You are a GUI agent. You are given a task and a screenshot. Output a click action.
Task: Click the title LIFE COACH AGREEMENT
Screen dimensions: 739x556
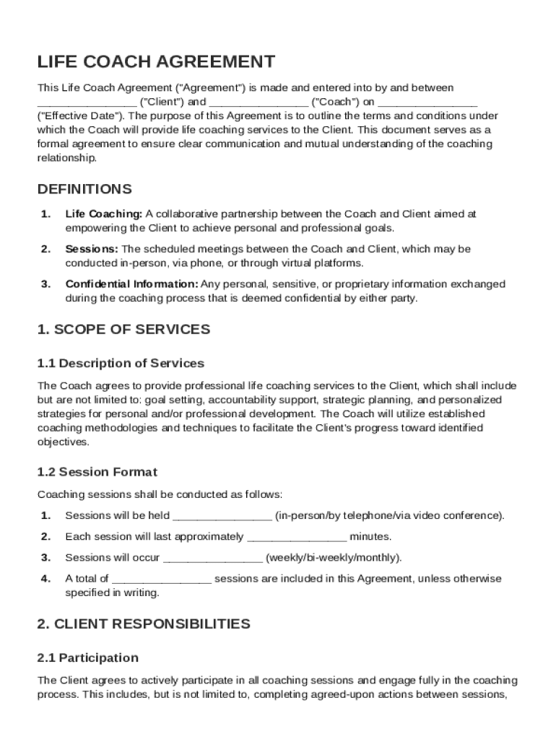pos(156,62)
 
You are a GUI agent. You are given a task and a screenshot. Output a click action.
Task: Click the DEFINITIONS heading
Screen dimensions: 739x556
pos(84,189)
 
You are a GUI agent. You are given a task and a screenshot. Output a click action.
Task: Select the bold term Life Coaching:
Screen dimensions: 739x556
pos(104,214)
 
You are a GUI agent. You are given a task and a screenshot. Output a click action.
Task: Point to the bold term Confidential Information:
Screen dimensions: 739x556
pos(131,284)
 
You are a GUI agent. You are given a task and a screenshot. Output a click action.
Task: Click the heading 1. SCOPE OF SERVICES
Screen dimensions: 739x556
pos(123,330)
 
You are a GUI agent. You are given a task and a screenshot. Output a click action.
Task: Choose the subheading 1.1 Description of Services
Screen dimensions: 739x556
pos(121,363)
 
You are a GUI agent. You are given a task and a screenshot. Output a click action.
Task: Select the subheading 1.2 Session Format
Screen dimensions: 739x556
pos(97,472)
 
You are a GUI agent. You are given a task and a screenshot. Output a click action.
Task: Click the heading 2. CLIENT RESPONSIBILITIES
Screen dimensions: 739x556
pos(144,624)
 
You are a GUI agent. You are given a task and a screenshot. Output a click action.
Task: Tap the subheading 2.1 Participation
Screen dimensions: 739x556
pos(87,657)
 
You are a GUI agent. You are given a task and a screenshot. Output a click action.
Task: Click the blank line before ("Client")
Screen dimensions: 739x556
pos(87,102)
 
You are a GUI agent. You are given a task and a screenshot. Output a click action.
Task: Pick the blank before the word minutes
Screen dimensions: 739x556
pos(297,537)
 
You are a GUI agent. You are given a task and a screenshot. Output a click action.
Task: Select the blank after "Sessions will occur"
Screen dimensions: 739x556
pos(213,558)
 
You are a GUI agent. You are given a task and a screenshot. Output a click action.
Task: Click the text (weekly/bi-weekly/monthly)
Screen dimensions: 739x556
pos(334,558)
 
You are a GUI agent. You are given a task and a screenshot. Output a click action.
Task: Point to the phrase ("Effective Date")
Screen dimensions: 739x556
pos(80,116)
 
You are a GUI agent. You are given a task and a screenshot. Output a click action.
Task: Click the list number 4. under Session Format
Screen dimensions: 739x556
pos(45,579)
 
